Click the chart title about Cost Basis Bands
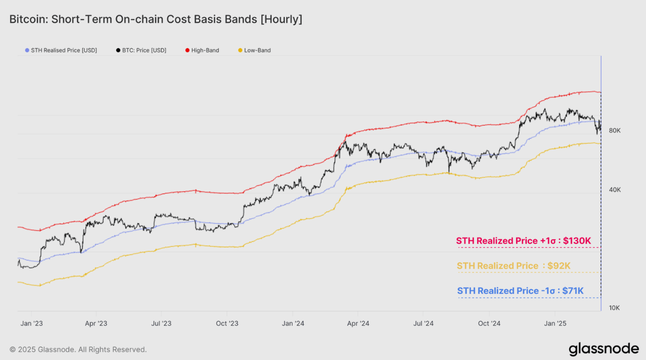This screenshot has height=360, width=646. [156, 19]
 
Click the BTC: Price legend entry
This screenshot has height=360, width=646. [141, 50]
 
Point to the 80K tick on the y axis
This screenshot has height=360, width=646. [614, 131]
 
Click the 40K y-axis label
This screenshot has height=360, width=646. [614, 189]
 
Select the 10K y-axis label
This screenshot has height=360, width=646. [614, 308]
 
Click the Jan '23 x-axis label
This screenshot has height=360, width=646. [32, 323]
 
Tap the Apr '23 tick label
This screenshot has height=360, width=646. [96, 323]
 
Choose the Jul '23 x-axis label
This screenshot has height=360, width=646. [161, 323]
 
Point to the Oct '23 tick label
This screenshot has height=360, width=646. [227, 323]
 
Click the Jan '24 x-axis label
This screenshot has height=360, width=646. [293, 323]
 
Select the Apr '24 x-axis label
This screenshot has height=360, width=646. [358, 323]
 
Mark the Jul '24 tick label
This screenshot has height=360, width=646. [423, 323]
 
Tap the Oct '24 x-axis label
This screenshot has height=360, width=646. [489, 323]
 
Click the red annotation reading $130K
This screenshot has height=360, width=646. [523, 241]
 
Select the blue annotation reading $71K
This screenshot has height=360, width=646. [520, 291]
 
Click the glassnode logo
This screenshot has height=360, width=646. [604, 349]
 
